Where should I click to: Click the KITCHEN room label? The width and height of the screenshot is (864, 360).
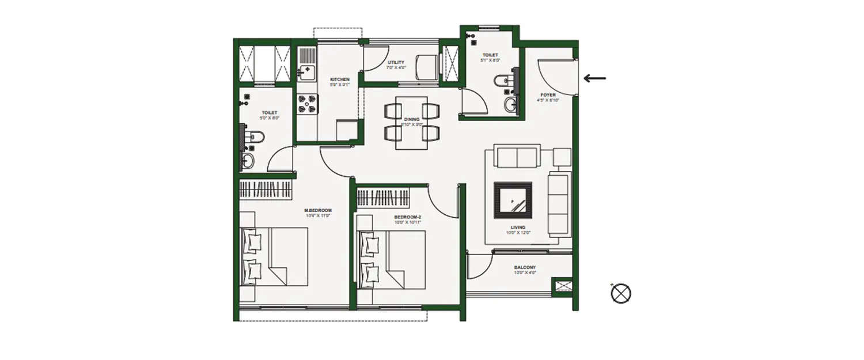339,79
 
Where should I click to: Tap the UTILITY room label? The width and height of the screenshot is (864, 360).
396,63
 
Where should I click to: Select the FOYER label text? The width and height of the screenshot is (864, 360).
548,95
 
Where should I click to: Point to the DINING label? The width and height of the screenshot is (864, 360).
411,119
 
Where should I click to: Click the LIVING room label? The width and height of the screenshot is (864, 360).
517,228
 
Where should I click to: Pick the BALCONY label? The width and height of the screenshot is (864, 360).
525,267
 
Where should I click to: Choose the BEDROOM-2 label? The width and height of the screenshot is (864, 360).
408,217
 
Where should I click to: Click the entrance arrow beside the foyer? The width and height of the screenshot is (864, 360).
594,78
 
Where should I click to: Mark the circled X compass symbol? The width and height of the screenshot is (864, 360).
621,294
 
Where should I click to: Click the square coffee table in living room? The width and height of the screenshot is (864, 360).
513,200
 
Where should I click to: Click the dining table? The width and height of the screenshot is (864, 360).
411,123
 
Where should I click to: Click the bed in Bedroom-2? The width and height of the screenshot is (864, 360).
392,259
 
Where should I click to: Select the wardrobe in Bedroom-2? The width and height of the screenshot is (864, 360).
383,197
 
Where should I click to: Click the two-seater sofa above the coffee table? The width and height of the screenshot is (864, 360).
518,157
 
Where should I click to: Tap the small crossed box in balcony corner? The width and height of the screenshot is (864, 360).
561,286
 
